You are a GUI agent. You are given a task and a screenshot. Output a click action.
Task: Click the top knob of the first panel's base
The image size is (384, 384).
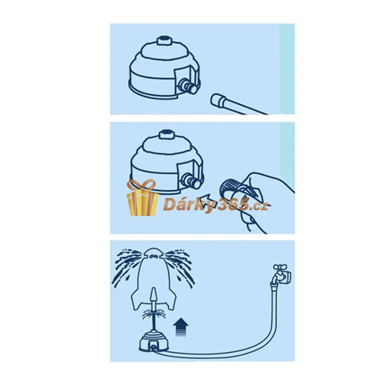point(165,40)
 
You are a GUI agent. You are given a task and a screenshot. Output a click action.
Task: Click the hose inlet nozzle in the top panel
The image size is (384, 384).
point(188,86)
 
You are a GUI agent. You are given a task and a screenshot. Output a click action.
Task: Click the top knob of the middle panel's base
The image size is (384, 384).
point(167,134)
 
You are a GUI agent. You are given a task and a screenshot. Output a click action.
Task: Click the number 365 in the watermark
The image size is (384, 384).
point(233,204)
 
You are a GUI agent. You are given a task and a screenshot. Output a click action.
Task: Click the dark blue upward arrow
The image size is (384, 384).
point(180,327)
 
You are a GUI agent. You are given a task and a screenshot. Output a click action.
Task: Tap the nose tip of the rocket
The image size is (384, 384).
point(153,250)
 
